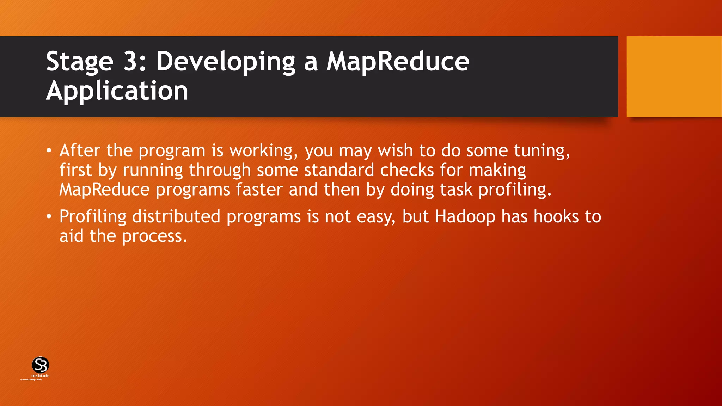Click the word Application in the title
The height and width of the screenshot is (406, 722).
(117, 91)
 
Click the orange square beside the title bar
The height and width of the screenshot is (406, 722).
(674, 76)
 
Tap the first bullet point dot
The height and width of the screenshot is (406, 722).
(49, 151)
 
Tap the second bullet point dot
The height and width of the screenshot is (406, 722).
(49, 217)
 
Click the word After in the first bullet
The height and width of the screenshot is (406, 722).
(80, 150)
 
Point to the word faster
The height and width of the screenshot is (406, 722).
(259, 190)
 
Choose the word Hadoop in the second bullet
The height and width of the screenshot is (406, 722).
(465, 217)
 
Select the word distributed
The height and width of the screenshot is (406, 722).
(176, 216)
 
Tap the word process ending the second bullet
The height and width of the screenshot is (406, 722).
(154, 236)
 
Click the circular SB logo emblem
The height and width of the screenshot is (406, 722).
(40, 365)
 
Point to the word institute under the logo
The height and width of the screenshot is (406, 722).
(40, 376)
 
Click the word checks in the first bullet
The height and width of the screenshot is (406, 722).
(407, 170)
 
